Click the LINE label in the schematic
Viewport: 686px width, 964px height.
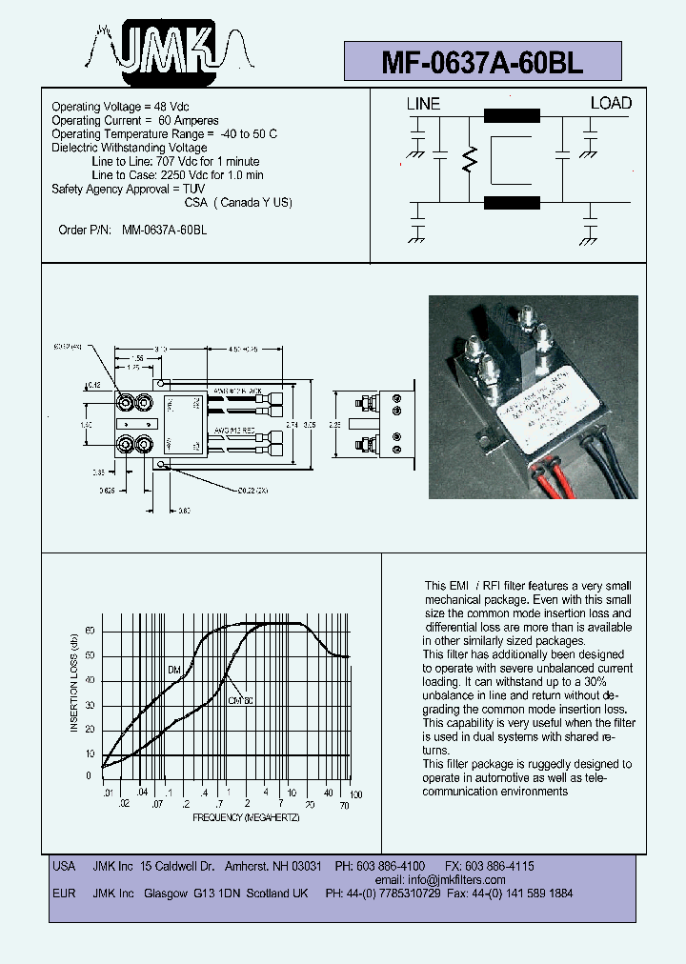pyautogui.click(x=423, y=104)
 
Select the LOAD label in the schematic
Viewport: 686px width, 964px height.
pyautogui.click(x=611, y=103)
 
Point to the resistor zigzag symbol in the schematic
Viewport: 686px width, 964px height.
pyautogui.click(x=469, y=161)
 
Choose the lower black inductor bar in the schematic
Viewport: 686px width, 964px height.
pyautogui.click(x=513, y=202)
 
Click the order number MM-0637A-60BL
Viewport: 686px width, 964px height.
pyautogui.click(x=165, y=230)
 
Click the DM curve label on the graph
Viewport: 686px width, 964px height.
pyautogui.click(x=174, y=671)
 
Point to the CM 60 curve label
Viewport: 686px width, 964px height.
pyautogui.click(x=241, y=700)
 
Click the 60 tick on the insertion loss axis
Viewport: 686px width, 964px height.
pyautogui.click(x=91, y=631)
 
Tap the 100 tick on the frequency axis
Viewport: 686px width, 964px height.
pyautogui.click(x=355, y=794)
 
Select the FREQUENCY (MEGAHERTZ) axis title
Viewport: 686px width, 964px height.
pyautogui.click(x=246, y=817)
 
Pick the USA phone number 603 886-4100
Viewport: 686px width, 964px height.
pyautogui.click(x=393, y=866)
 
